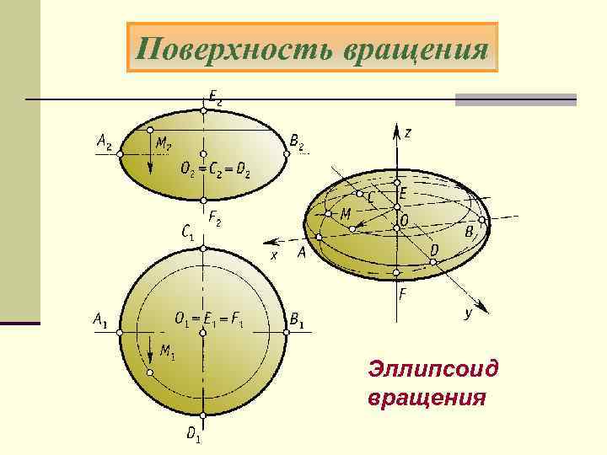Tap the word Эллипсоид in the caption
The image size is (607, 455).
click(432, 369)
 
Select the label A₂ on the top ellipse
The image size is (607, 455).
click(105, 143)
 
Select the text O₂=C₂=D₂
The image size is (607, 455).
click(215, 169)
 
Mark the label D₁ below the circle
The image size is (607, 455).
click(194, 435)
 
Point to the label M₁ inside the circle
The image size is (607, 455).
click(167, 353)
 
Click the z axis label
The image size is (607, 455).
click(408, 133)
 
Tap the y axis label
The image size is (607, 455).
click(468, 313)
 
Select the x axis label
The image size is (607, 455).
click(274, 254)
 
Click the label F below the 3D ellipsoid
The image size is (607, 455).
click(404, 296)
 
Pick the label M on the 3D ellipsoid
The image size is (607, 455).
click(346, 215)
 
